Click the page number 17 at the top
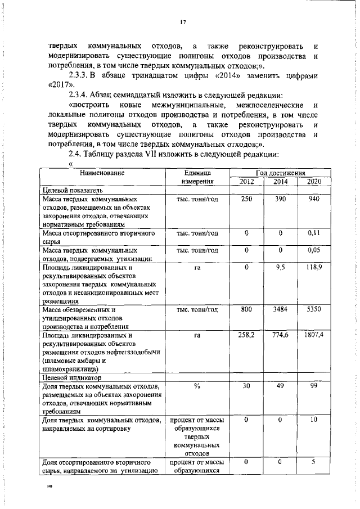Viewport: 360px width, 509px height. click(183, 22)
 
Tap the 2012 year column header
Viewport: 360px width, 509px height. click(246, 182)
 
